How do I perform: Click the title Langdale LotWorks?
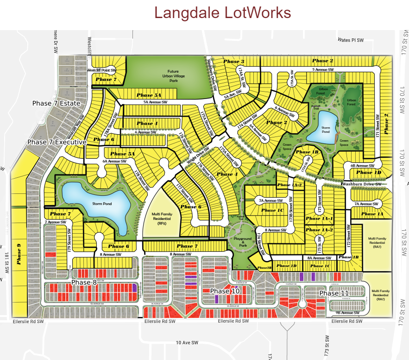(x=222, y=12)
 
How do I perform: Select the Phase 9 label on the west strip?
(x=19, y=254)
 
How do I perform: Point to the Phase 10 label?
(x=225, y=291)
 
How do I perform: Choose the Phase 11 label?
(x=333, y=293)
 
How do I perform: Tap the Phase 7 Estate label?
(x=56, y=103)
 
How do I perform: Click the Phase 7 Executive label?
(x=57, y=142)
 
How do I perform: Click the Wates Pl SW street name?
(x=351, y=40)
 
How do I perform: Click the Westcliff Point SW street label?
(x=101, y=70)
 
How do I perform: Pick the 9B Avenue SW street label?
(x=349, y=313)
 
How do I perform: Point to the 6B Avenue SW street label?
(x=362, y=165)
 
